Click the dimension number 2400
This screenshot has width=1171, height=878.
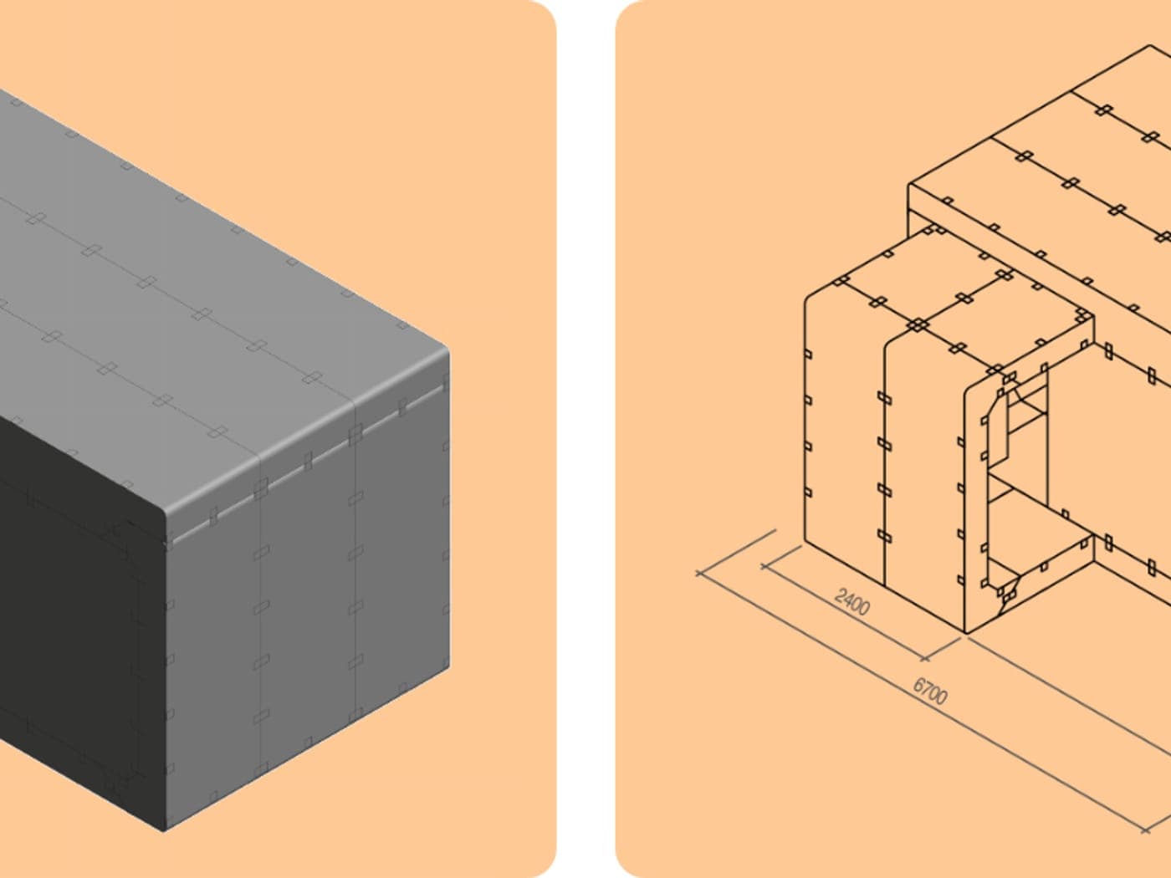point(852,602)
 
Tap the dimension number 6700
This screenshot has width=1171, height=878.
point(930,691)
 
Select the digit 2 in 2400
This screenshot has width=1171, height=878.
point(839,595)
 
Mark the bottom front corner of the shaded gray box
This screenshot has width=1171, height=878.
point(164,831)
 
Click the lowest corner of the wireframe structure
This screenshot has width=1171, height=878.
point(966,633)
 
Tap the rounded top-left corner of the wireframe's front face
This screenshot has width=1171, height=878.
point(809,298)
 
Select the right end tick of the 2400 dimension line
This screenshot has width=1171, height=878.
point(926,659)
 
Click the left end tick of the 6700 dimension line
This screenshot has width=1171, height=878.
point(699,573)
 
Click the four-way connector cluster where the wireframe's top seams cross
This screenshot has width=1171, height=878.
point(918,324)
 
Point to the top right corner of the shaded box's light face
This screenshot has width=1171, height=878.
point(447,353)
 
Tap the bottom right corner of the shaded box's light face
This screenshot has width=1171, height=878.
point(449,667)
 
